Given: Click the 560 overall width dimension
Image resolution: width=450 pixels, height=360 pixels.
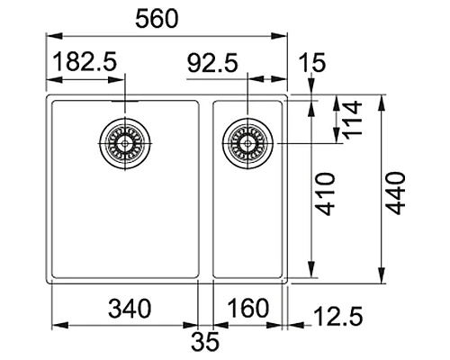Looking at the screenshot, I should click(165, 18).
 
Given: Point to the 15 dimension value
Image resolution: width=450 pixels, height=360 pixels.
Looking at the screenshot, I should click(314, 63).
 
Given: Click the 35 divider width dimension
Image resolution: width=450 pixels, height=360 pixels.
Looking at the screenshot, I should click(205, 343).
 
